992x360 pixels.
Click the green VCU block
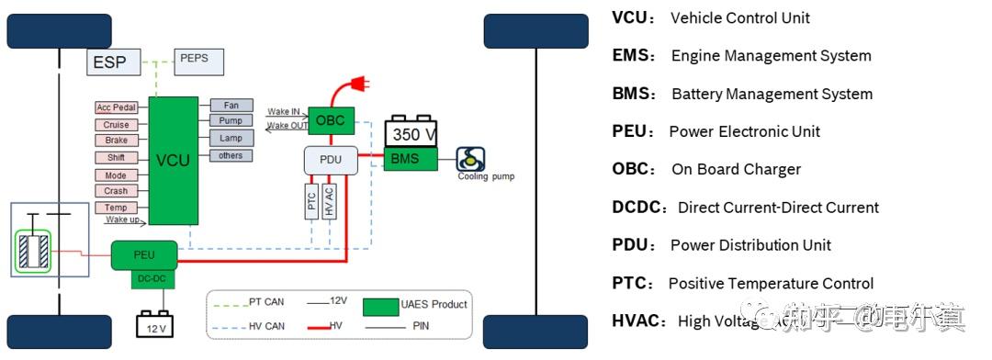click(173, 160)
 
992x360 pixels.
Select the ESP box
click(116, 62)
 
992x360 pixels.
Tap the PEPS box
click(193, 60)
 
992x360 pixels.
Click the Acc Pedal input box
click(117, 107)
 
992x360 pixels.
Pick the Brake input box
click(117, 141)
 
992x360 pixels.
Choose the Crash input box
click(117, 191)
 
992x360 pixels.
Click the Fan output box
click(231, 106)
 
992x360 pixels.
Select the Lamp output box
click(231, 138)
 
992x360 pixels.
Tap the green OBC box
click(330, 120)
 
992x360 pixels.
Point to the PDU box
click(331, 161)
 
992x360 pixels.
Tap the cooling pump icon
click(471, 159)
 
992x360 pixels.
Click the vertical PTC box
click(311, 200)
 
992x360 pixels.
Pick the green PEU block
click(144, 254)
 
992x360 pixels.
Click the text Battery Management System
click(772, 94)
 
